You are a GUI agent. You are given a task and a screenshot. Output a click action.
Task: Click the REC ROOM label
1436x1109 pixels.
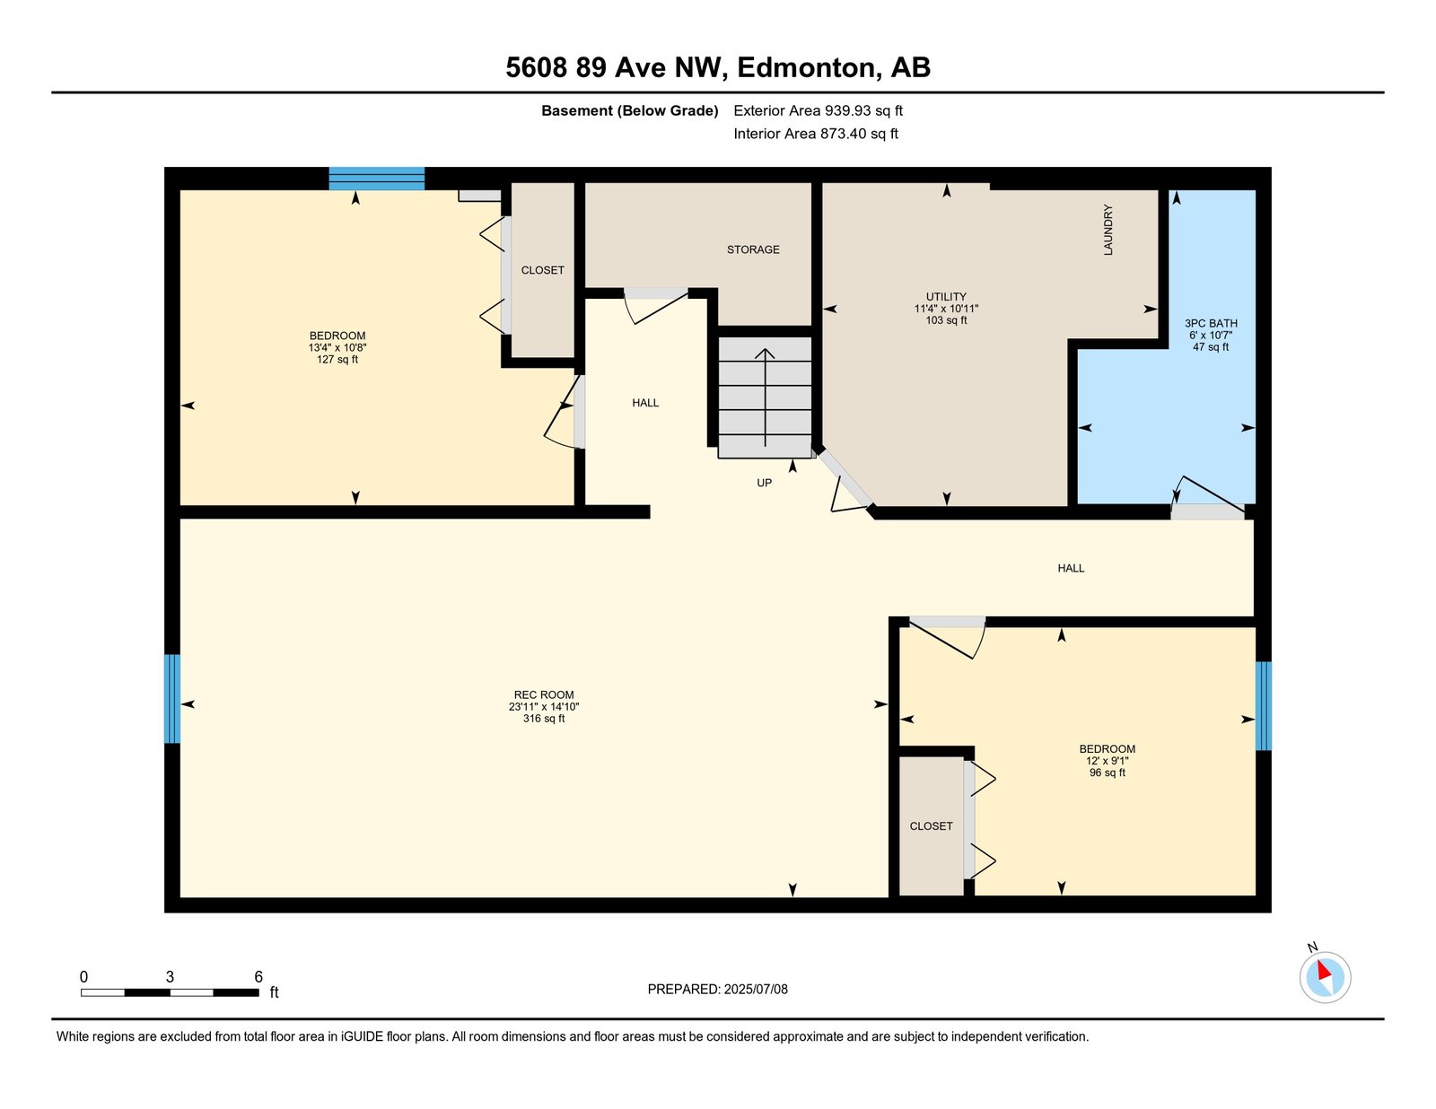pyautogui.click(x=543, y=694)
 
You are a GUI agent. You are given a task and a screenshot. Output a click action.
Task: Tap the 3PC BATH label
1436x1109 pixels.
pyautogui.click(x=1211, y=324)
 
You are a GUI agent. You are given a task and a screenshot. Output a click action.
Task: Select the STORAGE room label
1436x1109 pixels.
pyautogui.click(x=753, y=249)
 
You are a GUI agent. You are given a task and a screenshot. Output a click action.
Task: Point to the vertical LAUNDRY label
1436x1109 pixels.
pyautogui.click(x=1108, y=229)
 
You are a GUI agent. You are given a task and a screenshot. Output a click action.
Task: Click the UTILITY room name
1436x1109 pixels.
pyautogui.click(x=946, y=297)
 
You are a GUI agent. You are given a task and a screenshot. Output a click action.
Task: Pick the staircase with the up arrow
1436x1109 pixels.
pyautogui.click(x=765, y=397)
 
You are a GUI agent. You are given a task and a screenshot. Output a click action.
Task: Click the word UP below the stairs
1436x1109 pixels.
pyautogui.click(x=764, y=483)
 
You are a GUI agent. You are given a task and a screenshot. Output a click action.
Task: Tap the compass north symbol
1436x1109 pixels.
pyautogui.click(x=1325, y=976)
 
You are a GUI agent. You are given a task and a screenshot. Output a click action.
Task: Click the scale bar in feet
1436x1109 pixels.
pyautogui.click(x=170, y=992)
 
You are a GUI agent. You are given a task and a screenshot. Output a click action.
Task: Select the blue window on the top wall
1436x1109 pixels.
pyautogui.click(x=377, y=179)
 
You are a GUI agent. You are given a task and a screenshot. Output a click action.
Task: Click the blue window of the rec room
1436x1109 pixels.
pyautogui.click(x=171, y=698)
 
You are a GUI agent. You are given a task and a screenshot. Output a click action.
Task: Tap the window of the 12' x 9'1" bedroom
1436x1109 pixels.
pyautogui.click(x=1263, y=706)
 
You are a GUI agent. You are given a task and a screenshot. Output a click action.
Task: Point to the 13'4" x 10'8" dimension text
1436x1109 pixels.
pyautogui.click(x=337, y=347)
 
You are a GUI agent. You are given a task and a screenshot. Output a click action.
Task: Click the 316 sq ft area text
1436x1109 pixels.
pyautogui.click(x=544, y=719)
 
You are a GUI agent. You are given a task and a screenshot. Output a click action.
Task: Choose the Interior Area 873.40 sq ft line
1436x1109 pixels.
pyautogui.click(x=816, y=134)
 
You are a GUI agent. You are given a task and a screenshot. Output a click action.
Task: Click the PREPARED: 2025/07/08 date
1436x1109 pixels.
pyautogui.click(x=718, y=989)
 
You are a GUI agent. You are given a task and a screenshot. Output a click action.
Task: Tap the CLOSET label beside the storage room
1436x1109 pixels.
pyautogui.click(x=543, y=270)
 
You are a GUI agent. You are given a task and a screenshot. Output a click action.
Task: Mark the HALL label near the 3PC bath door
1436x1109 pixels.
pyautogui.click(x=1071, y=568)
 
